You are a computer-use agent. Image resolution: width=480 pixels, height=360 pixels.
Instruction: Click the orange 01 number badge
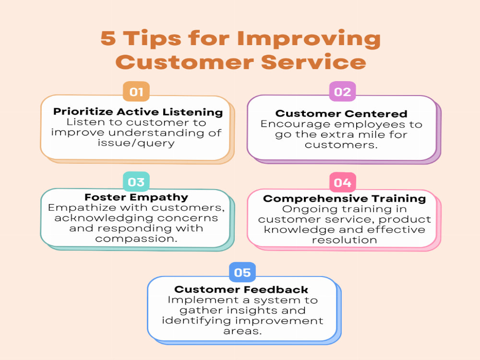coord(136,92)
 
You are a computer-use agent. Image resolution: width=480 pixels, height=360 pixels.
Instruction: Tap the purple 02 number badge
coord(342,92)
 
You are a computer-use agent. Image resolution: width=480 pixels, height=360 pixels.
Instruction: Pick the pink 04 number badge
coord(342,183)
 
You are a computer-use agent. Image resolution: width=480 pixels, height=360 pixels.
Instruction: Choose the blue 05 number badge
coord(242,273)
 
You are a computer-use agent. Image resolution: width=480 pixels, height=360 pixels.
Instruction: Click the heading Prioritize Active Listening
coord(138,112)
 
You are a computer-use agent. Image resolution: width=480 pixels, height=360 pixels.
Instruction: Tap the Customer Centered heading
coord(341,114)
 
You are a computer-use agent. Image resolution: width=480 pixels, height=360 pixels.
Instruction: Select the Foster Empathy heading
coord(136,197)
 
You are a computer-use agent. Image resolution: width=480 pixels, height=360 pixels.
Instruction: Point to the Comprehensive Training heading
coord(344,199)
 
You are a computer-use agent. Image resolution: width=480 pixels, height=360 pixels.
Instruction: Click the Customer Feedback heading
coord(241,289)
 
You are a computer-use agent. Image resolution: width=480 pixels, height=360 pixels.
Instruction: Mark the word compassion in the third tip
coord(136,238)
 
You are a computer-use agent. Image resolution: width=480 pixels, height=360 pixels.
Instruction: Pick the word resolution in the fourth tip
coord(344,240)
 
